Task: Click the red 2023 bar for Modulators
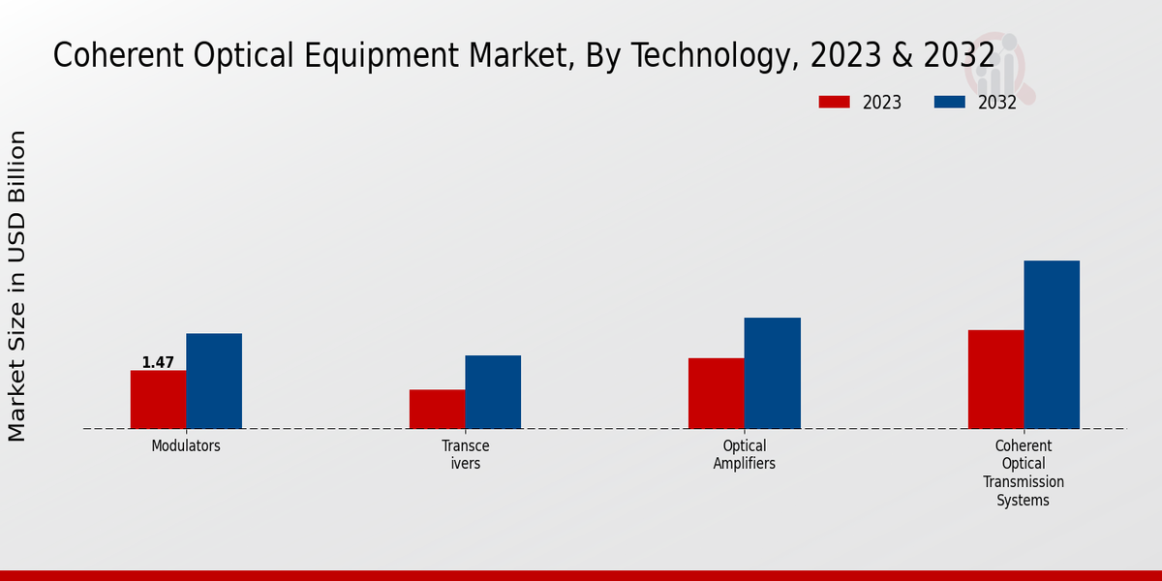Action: click(158, 399)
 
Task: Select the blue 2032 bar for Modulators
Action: click(214, 381)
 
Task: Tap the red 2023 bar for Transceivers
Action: click(437, 409)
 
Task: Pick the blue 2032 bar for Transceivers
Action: click(493, 391)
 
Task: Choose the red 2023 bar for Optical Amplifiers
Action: click(717, 393)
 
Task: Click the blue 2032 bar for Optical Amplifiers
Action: click(773, 373)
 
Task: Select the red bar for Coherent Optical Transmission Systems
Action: click(995, 379)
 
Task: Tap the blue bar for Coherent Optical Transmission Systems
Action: click(1052, 344)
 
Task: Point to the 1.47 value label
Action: click(158, 363)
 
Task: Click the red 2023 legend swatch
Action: click(834, 102)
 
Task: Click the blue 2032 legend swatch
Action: click(950, 102)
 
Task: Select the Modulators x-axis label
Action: click(186, 446)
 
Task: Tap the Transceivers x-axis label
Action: click(465, 455)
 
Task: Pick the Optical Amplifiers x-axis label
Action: click(744, 455)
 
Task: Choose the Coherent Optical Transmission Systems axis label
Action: click(1024, 474)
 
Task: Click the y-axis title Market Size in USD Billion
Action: click(17, 287)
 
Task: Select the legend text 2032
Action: click(997, 103)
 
